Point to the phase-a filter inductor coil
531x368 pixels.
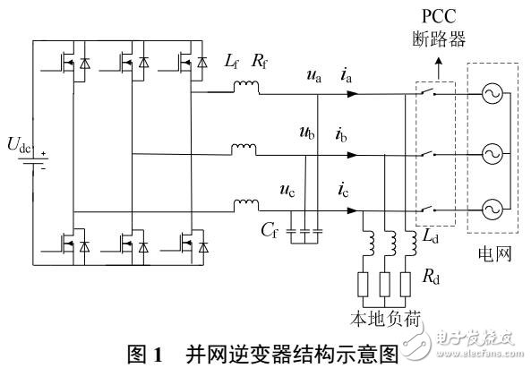click(x=245, y=87)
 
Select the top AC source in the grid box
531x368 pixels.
click(x=493, y=95)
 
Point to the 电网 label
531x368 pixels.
click(x=493, y=254)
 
